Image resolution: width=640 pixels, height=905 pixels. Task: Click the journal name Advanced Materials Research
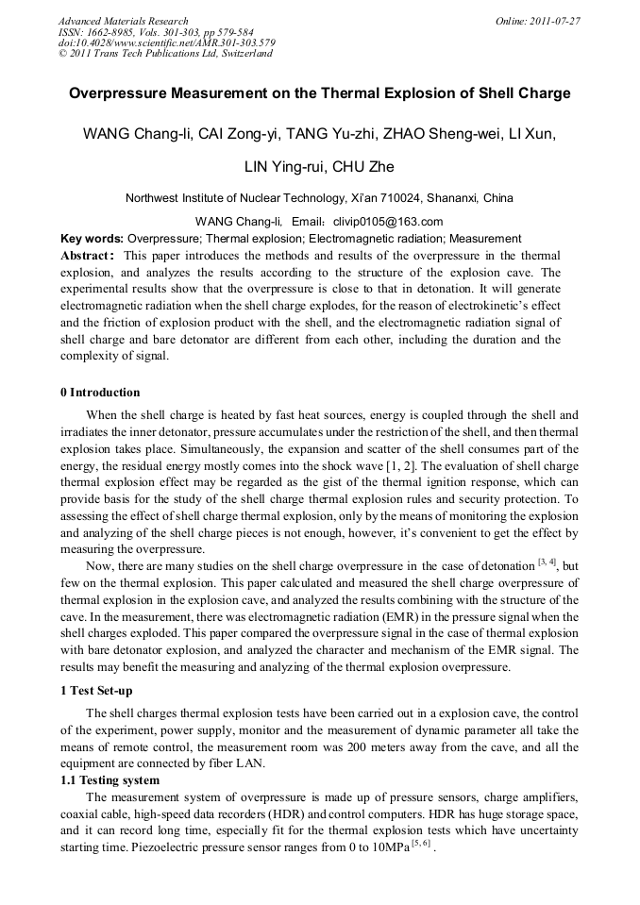pos(123,21)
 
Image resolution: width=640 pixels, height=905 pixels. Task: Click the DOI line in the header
pos(166,42)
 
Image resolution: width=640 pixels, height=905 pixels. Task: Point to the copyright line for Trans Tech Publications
pos(165,54)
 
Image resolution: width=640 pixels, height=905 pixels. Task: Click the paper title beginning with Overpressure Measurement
pos(320,94)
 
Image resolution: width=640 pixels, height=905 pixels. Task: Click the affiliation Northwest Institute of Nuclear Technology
pos(232,198)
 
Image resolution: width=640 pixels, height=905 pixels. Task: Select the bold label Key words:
pos(92,239)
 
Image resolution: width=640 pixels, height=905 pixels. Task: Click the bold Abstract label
pos(88,256)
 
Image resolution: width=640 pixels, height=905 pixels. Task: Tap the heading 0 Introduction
pos(100,393)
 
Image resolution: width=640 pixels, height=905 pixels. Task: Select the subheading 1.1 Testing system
pos(109,780)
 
